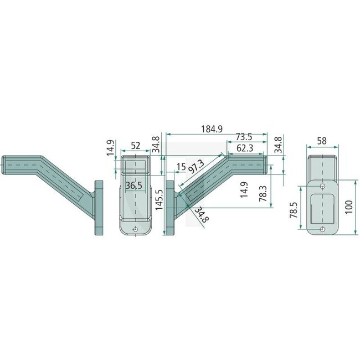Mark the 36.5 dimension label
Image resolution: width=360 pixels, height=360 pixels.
(x=133, y=186)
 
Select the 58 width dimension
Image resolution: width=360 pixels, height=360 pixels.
(x=321, y=141)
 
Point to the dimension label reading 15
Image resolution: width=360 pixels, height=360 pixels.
(x=181, y=166)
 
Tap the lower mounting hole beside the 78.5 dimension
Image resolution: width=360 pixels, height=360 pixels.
(x=322, y=229)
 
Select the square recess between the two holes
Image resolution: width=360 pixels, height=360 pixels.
(x=322, y=207)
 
